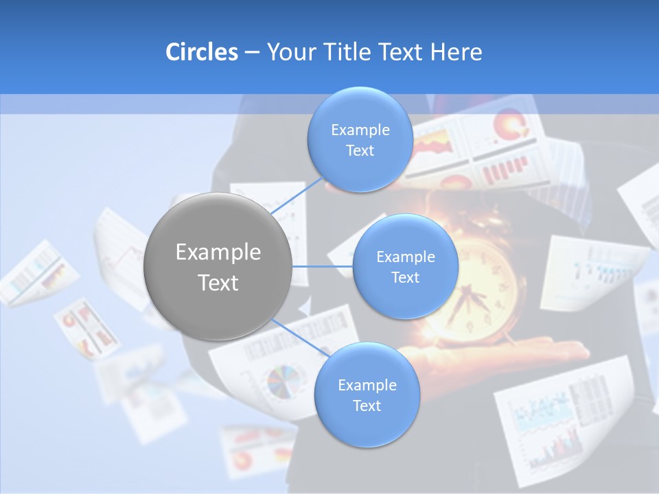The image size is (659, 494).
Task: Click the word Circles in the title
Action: pos(201,52)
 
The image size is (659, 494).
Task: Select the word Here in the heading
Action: pos(456,52)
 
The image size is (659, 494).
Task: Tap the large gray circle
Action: pos(218,266)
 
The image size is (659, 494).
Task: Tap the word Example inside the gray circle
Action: pos(218,252)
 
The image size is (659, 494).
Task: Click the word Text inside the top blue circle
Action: pos(360,151)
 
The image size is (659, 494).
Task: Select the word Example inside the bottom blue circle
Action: pos(367,386)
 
